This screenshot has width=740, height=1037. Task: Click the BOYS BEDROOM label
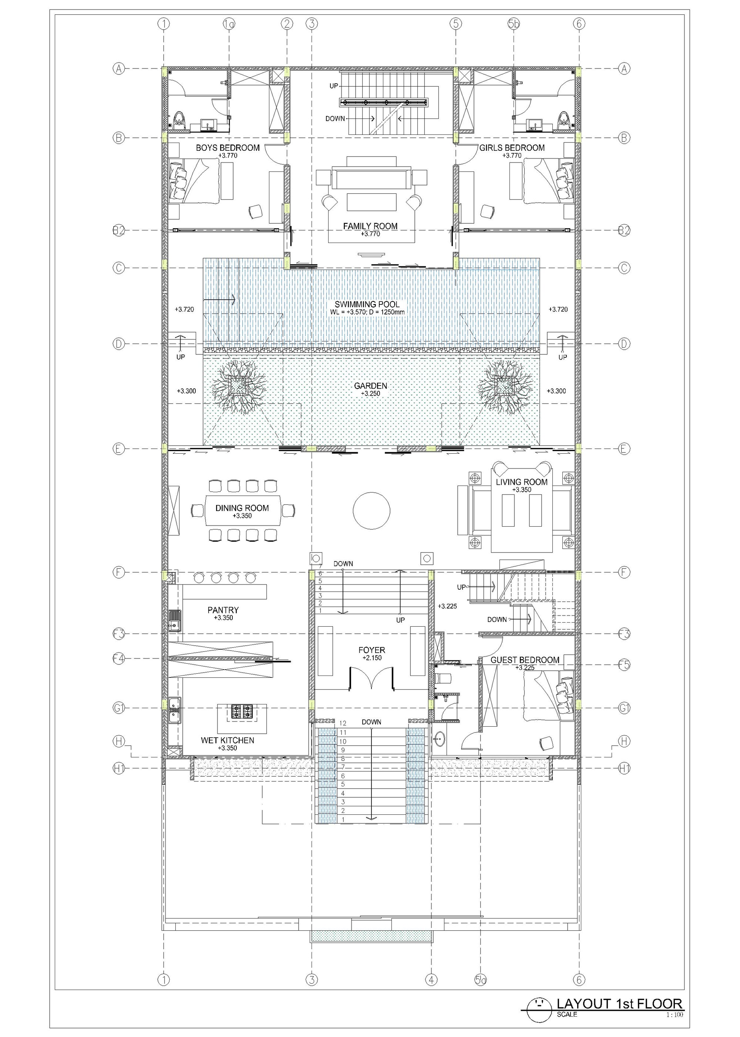coord(228,148)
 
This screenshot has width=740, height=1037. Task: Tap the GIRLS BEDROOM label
coord(512,148)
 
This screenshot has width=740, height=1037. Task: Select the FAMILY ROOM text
coord(370,226)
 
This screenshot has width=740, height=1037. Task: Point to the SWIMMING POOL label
coord(367,304)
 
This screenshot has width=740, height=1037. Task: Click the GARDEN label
coord(370,386)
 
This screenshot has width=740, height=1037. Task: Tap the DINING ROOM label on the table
coord(242,508)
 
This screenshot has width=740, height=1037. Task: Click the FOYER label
coord(372,650)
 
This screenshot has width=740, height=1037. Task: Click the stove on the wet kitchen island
coord(242,711)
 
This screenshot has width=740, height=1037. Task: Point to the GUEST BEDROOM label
coord(525,660)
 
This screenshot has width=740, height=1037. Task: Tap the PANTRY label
coord(223,610)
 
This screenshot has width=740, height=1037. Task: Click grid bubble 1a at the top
coord(229,23)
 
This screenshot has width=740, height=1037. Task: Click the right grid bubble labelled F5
coord(624,664)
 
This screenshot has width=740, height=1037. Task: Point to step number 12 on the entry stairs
coord(343,723)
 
